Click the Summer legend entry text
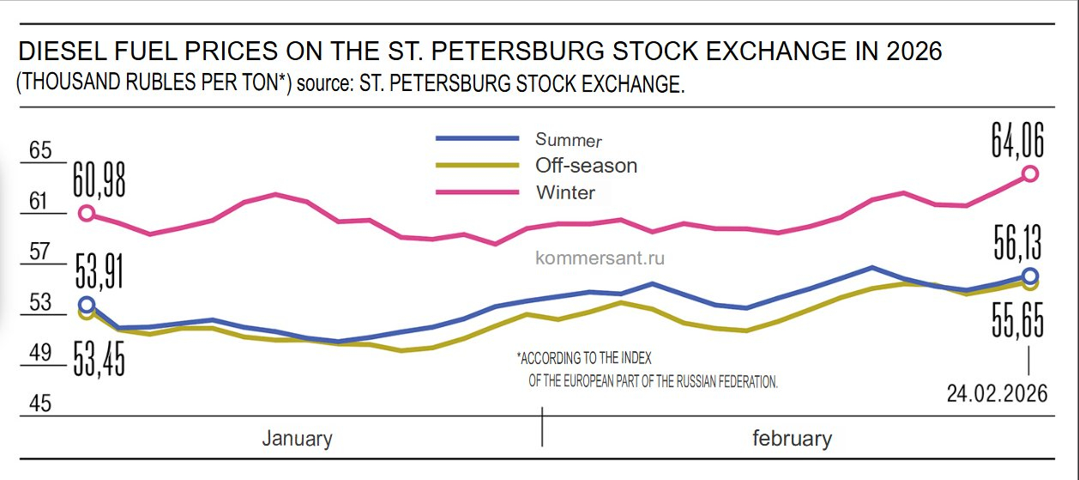tap(569, 139)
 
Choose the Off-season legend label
tap(586, 165)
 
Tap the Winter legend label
tap(565, 192)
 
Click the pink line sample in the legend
tap(477, 192)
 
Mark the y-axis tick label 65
tap(41, 151)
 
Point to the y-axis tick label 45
tap(41, 402)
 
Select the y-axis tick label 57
tap(41, 252)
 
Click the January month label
tap(297, 439)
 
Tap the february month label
tap(792, 439)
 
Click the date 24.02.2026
tap(998, 393)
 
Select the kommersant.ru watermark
tap(600, 257)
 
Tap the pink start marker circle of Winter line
tap(86, 213)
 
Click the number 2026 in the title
tap(911, 52)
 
